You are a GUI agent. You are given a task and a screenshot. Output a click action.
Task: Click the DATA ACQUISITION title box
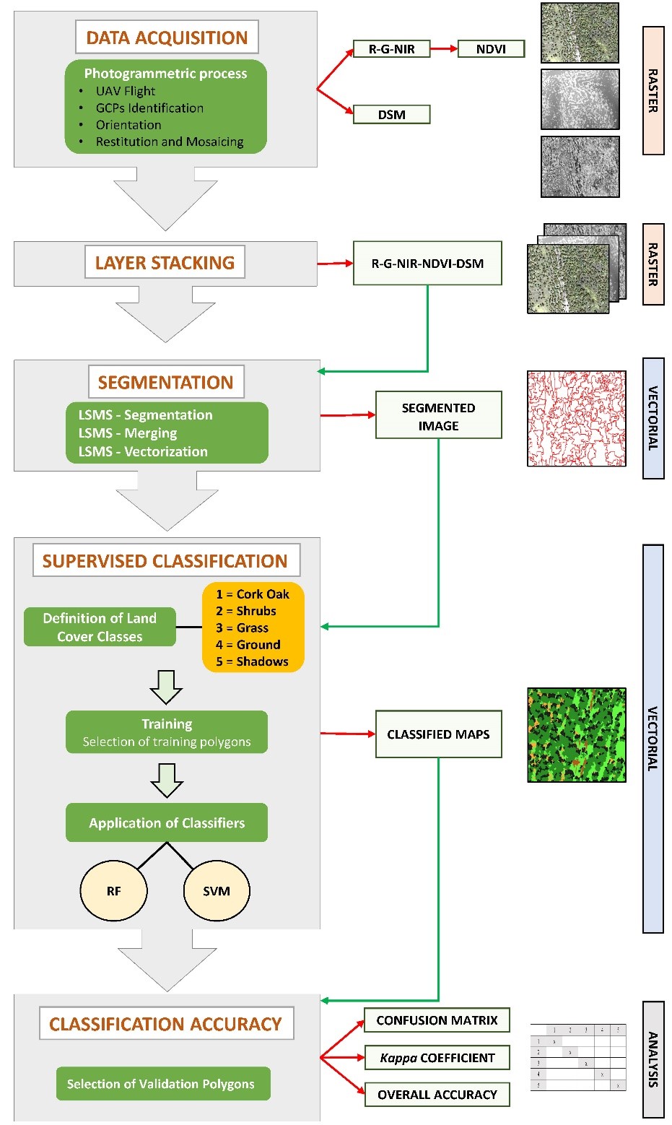(167, 38)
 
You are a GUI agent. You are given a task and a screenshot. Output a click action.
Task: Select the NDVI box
(491, 49)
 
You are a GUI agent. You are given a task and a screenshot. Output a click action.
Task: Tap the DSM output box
(391, 114)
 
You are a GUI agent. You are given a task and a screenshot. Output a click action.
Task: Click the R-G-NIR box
(391, 49)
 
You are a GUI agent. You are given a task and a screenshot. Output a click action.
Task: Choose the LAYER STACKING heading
(165, 263)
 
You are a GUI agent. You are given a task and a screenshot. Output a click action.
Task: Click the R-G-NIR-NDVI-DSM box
(427, 264)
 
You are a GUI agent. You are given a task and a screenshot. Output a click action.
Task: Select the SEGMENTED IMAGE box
(438, 416)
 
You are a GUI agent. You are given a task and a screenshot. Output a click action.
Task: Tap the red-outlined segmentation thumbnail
(576, 419)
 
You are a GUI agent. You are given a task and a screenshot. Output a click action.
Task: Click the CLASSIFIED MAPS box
(438, 734)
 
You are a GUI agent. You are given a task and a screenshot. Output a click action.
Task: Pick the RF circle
(113, 891)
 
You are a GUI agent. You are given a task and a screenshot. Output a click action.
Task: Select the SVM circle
(217, 891)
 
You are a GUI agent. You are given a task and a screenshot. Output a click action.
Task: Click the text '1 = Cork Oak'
(252, 594)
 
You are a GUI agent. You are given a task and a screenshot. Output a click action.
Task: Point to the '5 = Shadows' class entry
(252, 661)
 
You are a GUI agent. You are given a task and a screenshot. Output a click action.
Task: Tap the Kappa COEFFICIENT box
(437, 1058)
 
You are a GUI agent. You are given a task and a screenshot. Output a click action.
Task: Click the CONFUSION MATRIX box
(437, 1020)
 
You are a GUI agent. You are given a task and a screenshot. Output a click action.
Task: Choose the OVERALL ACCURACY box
(437, 1095)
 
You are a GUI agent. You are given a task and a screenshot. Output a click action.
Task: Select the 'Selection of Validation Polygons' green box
(163, 1084)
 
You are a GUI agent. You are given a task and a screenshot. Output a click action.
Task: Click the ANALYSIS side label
(653, 1059)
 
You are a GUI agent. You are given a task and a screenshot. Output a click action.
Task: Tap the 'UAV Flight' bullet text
(126, 91)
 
